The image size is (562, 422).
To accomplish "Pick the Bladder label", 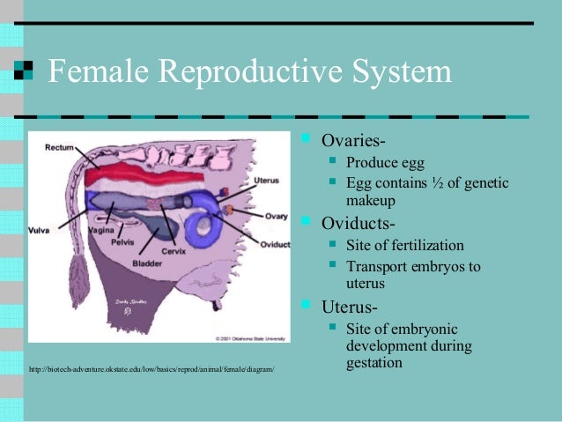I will (x=146, y=263).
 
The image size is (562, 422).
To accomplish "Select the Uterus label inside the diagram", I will (x=266, y=180).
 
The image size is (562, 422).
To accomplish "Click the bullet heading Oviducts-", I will (x=358, y=221).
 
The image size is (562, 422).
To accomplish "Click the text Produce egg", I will (x=385, y=162).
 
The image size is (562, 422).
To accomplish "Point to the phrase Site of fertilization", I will (x=404, y=245).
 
